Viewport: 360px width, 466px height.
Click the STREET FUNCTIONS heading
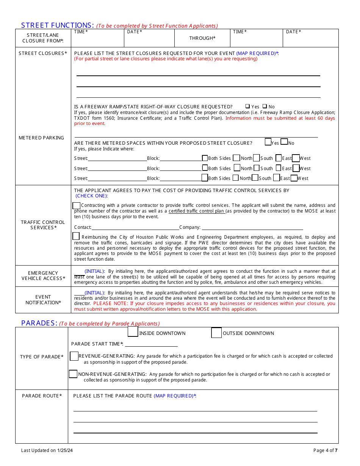57,25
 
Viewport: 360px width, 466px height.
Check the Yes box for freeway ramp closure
247,107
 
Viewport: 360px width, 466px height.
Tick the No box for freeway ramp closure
265,107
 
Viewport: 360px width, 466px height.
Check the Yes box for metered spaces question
268,142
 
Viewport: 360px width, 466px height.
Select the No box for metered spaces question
284,142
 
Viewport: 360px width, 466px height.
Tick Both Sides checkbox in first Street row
205,158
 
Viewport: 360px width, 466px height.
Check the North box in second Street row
237,168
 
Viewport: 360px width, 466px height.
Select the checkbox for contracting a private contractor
76,205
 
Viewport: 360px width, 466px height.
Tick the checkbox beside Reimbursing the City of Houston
76,236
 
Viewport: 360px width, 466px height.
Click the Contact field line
135,227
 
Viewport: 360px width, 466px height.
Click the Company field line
252,227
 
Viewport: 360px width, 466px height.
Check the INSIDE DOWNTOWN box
133,332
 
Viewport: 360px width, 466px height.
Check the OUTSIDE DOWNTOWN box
216,333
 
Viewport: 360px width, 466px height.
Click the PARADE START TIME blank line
151,344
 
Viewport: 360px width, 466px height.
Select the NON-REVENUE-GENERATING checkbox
73,374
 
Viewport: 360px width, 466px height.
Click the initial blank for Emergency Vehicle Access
79,272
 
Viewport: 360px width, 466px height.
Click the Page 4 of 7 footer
325,450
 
